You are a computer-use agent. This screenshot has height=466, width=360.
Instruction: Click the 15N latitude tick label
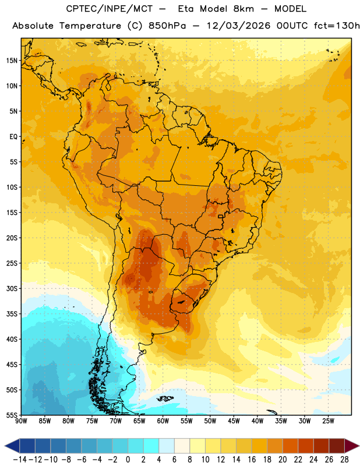[x=12, y=61]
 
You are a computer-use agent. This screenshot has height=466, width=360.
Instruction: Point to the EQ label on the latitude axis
[x=13, y=137]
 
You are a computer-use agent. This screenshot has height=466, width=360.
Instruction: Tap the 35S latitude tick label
[x=12, y=314]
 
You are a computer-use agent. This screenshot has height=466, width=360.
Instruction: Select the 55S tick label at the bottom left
[x=12, y=415]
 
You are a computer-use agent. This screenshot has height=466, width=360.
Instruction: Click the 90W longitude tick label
[x=21, y=421]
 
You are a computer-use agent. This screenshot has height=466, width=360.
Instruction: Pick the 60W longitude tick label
[x=163, y=421]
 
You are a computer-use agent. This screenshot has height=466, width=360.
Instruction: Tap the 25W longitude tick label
[x=328, y=421]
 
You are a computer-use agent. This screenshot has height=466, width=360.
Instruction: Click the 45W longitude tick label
[x=234, y=421]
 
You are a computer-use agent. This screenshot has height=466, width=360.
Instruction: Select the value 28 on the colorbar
[x=344, y=460]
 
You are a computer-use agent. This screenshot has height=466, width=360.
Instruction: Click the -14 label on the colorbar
[x=20, y=460]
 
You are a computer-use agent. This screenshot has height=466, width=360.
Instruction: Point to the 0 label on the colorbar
[x=128, y=460]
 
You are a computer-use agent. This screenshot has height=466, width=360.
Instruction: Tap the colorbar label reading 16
[x=252, y=460]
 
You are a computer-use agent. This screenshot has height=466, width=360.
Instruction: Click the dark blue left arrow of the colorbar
[x=12, y=446]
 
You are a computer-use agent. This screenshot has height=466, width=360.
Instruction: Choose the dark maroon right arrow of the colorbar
[x=352, y=446]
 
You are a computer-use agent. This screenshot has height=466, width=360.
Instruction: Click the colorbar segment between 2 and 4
[x=151, y=446]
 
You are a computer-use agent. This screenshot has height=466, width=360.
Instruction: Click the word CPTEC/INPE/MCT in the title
[x=110, y=9]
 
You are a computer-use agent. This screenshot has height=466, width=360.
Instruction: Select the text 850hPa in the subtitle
[x=167, y=26]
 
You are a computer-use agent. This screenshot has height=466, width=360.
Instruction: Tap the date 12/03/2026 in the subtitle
[x=238, y=26]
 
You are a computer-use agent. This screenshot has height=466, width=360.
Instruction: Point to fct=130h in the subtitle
[x=337, y=26]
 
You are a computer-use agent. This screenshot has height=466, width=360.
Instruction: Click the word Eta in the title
[x=186, y=9]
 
